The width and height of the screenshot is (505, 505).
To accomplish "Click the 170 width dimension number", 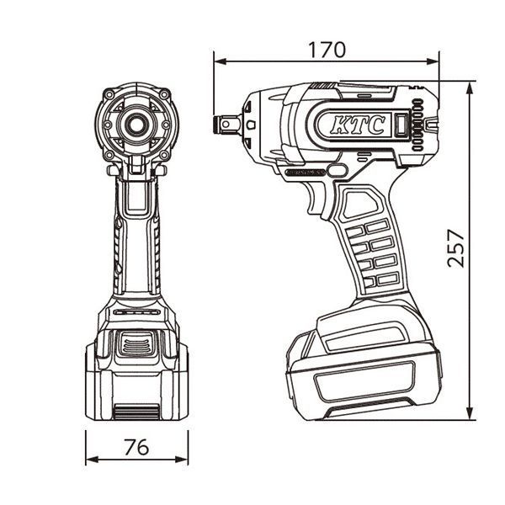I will pyautogui.click(x=327, y=49).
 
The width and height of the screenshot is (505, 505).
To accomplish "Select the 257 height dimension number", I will pyautogui.click(x=455, y=247).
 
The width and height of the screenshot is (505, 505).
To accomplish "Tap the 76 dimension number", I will pyautogui.click(x=136, y=447).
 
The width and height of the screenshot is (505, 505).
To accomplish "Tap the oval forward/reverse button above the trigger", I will pyautogui.click(x=336, y=171).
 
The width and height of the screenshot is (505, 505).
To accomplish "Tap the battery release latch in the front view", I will pyautogui.click(x=136, y=343).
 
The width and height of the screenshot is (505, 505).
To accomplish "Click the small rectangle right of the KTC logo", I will pyautogui.click(x=401, y=126).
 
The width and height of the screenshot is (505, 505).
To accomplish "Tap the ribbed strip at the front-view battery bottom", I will pyautogui.click(x=136, y=410).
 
